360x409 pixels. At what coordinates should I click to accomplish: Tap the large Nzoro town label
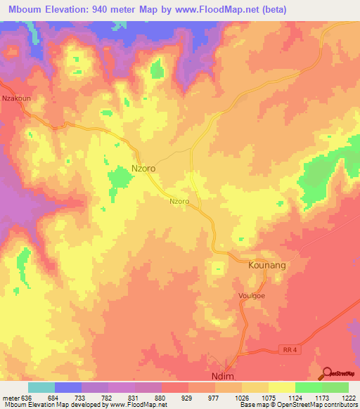(x=143, y=169)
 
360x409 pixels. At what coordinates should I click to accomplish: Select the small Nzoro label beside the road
(x=179, y=201)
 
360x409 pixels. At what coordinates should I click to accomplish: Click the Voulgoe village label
(x=251, y=297)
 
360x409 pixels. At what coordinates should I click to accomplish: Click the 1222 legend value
(x=340, y=397)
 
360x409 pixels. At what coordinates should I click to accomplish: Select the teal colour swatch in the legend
(x=41, y=387)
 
